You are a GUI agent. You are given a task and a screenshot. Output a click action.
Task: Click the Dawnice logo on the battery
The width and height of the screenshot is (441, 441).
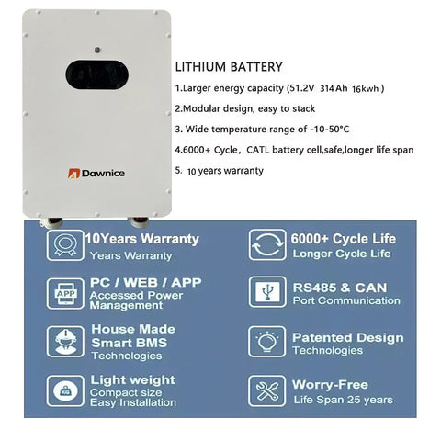point(96,174)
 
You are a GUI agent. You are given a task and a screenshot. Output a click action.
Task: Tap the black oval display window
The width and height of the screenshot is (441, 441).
point(96,74)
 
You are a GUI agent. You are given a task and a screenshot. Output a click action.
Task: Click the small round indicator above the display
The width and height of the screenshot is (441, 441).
point(97,50)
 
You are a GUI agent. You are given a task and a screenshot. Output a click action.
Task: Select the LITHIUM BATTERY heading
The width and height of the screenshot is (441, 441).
point(229,67)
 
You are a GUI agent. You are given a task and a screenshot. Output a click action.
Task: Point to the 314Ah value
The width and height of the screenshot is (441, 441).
point(334,88)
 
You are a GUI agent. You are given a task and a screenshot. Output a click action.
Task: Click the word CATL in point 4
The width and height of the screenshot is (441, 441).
point(257,150)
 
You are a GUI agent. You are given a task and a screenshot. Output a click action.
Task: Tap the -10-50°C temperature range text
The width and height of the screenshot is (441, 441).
point(330,130)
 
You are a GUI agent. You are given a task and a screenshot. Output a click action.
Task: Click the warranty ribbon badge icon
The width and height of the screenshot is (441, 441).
point(65,245)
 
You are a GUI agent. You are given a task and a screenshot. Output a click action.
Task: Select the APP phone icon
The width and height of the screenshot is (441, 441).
point(65,294)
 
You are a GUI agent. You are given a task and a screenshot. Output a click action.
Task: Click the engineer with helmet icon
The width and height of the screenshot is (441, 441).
point(65,342)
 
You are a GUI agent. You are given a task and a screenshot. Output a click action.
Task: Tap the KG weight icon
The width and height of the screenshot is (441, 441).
point(65,390)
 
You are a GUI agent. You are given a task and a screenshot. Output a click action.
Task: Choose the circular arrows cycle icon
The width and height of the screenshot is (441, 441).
point(267,244)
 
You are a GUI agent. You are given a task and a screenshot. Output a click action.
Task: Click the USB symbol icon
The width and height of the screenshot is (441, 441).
point(267,292)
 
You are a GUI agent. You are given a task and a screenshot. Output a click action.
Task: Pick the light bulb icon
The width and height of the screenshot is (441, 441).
point(267,342)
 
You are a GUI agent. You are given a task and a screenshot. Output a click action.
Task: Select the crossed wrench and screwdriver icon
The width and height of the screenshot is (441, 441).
point(267,391)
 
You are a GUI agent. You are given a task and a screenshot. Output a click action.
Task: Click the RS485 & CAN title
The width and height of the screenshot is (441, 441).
point(340,288)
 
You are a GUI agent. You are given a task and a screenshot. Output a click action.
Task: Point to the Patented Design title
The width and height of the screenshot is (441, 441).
point(348,338)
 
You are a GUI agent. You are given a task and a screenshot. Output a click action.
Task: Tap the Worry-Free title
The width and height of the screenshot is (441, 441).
point(330,385)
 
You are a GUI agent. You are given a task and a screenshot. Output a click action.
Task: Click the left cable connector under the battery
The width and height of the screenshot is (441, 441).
point(52,221)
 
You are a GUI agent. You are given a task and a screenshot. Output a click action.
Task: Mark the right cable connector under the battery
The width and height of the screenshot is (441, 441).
point(139,221)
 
